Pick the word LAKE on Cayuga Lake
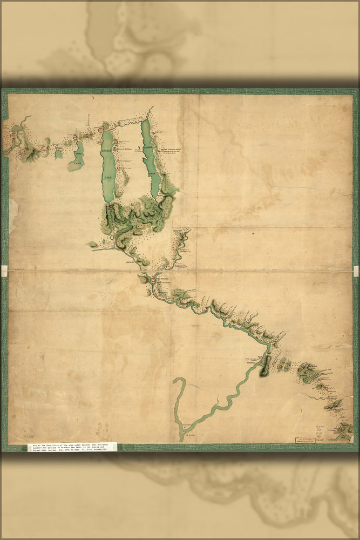point(153,173)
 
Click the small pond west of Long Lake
point(59,154)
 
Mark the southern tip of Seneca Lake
point(108,202)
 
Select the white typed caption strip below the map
point(72,447)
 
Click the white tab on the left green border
point(4,271)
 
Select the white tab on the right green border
point(356,271)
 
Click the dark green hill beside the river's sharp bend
point(264,367)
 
